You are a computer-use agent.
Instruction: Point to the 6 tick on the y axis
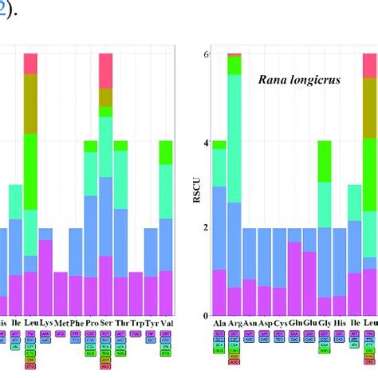[205, 54]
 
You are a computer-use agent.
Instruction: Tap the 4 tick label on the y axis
[205, 143]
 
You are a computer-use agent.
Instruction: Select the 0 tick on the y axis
[205, 315]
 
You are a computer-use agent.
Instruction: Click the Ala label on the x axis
[219, 323]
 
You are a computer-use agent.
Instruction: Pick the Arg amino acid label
[234, 323]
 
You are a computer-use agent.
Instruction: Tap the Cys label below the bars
[279, 323]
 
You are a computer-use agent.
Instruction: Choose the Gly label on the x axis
[324, 323]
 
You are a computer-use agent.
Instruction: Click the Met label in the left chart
[61, 323]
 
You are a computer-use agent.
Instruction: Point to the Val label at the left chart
[166, 323]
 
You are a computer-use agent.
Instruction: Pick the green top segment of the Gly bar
[324, 161]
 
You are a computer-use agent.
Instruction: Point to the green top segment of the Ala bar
[219, 145]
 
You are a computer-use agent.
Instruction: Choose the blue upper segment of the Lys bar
[45, 234]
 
